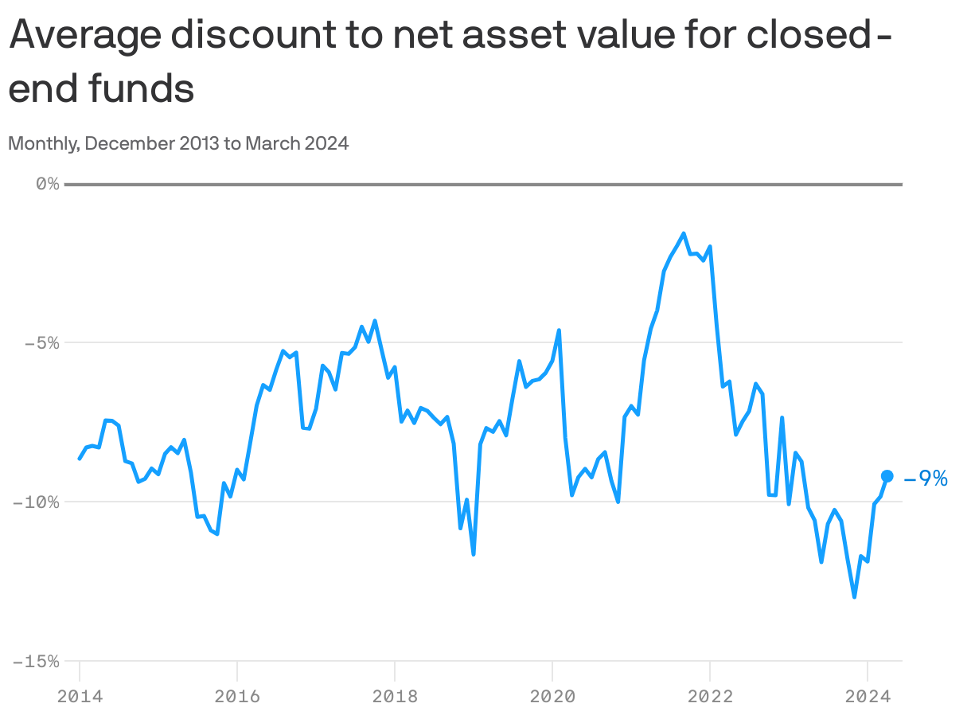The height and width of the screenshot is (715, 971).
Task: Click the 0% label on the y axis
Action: pyautogui.click(x=48, y=184)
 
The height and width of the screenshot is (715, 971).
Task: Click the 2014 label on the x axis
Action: pyautogui.click(x=80, y=696)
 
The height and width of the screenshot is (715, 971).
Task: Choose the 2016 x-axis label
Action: pyautogui.click(x=237, y=696)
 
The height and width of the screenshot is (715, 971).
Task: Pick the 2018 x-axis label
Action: pyautogui.click(x=395, y=696)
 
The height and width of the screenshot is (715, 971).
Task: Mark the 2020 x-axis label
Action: pyautogui.click(x=552, y=696)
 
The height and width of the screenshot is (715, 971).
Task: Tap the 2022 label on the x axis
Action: pyautogui.click(x=710, y=696)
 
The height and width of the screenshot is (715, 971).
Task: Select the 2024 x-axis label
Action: pyautogui.click(x=867, y=696)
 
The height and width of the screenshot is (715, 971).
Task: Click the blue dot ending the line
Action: pyautogui.click(x=887, y=476)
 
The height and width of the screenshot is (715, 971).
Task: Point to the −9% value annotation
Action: pyautogui.click(x=926, y=479)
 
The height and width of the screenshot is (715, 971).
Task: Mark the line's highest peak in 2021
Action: pyautogui.click(x=684, y=233)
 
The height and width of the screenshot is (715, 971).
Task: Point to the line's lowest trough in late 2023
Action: pyautogui.click(x=854, y=596)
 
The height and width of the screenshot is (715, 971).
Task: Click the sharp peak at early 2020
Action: pyautogui.click(x=559, y=330)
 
